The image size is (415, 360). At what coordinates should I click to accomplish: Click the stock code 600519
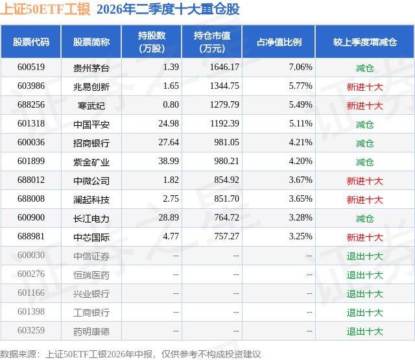(x=31, y=67)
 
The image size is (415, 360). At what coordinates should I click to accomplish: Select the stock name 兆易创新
(x=91, y=86)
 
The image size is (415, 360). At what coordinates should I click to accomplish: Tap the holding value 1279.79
(x=224, y=105)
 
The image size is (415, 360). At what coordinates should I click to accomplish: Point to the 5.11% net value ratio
(x=301, y=124)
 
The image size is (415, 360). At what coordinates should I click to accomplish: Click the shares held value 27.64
(x=169, y=143)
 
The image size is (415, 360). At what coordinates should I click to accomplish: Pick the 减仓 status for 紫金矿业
(x=364, y=162)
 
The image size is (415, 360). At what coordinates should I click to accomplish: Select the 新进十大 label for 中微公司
(x=364, y=180)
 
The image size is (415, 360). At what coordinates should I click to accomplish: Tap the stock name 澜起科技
(x=91, y=199)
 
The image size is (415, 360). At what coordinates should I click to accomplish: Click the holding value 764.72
(x=226, y=217)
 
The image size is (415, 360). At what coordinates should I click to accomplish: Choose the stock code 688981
(x=31, y=236)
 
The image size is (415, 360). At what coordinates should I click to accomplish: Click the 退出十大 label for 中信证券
(x=364, y=256)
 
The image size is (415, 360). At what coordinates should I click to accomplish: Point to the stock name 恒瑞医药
(x=91, y=275)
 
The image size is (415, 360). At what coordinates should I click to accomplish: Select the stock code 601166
(x=31, y=293)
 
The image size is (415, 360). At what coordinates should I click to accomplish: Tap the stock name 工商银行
(x=91, y=313)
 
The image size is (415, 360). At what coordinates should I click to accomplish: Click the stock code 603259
(x=31, y=330)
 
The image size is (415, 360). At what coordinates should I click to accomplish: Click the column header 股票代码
(x=31, y=42)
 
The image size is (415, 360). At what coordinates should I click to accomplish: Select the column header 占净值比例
(x=279, y=42)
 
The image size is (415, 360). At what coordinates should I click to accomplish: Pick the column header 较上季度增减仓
(x=364, y=42)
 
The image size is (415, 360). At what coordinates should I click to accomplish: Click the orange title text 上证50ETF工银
(x=45, y=9)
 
